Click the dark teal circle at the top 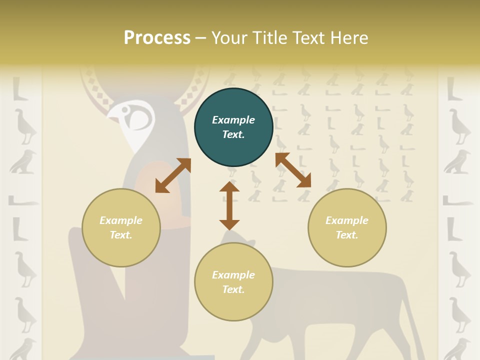tap(233, 127)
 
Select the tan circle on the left tap(121, 227)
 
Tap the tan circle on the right tap(347, 227)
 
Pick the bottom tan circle tap(233, 282)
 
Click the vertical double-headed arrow tap(229, 205)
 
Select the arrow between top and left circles tap(173, 175)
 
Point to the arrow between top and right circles tap(293, 170)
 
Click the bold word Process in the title tap(157, 37)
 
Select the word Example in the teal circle tap(233, 120)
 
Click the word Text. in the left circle tap(121, 235)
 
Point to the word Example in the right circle tap(347, 220)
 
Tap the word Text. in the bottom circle tap(233, 289)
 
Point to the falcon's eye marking tap(139, 118)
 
